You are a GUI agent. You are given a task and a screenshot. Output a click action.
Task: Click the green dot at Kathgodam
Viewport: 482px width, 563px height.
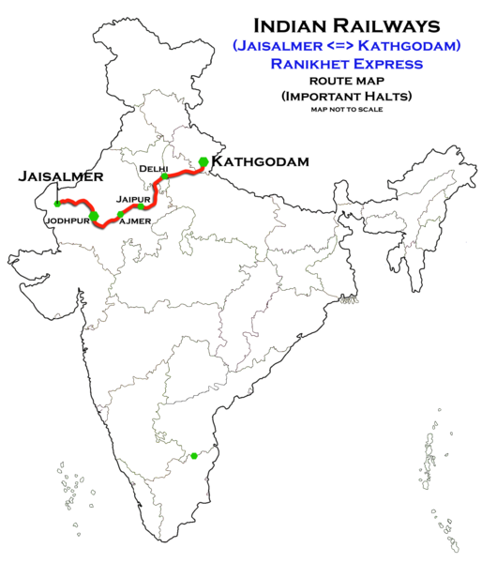(203, 161)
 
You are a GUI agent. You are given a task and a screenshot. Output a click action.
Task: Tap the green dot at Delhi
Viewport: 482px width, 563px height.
(165, 176)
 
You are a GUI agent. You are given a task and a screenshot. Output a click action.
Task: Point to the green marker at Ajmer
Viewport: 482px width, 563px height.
(120, 216)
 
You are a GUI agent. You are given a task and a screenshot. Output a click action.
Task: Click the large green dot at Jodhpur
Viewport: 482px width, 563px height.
(93, 216)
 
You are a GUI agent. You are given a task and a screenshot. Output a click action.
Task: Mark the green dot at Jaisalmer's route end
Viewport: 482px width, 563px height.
(57, 203)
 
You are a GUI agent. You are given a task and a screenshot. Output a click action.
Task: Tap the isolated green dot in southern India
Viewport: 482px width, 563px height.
(193, 456)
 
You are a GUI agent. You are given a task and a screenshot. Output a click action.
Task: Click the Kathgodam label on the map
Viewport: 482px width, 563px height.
(260, 162)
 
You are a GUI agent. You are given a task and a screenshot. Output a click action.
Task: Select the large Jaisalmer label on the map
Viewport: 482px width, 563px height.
(59, 176)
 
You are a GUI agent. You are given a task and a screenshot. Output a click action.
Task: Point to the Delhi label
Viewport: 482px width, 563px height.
(153, 168)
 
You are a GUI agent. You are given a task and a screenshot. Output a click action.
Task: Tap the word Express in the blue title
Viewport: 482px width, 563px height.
(384, 64)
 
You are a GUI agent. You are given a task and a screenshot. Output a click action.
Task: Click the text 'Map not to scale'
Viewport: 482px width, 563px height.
(347, 110)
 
